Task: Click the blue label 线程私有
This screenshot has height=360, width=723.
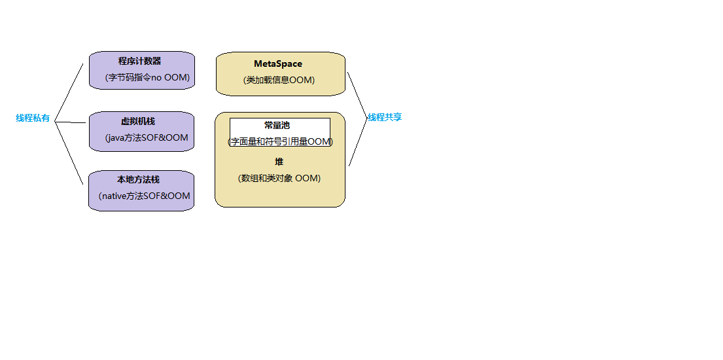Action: click(x=33, y=118)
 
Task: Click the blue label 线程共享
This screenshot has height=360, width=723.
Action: click(x=385, y=117)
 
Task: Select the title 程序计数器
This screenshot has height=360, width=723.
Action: click(x=139, y=61)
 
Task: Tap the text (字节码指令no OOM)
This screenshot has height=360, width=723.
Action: click(x=147, y=77)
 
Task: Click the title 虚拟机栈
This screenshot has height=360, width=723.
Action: click(x=138, y=121)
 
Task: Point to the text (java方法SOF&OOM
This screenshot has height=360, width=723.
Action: click(x=147, y=137)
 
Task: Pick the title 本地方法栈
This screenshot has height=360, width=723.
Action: click(x=138, y=179)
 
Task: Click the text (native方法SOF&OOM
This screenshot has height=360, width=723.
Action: click(x=144, y=196)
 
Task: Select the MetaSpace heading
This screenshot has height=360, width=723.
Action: click(x=278, y=63)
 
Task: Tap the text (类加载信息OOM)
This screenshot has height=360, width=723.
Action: click(x=279, y=80)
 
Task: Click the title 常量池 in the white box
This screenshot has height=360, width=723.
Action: click(x=277, y=125)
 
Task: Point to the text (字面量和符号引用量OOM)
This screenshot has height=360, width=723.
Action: click(x=280, y=141)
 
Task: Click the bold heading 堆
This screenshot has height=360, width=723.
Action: click(x=279, y=162)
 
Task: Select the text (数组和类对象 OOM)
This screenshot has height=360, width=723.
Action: click(x=279, y=178)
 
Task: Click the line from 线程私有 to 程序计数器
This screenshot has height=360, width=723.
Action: click(x=69, y=92)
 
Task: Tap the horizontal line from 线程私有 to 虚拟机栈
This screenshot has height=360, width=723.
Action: click(x=71, y=122)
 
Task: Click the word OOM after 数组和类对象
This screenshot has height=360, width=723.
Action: click(x=308, y=178)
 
